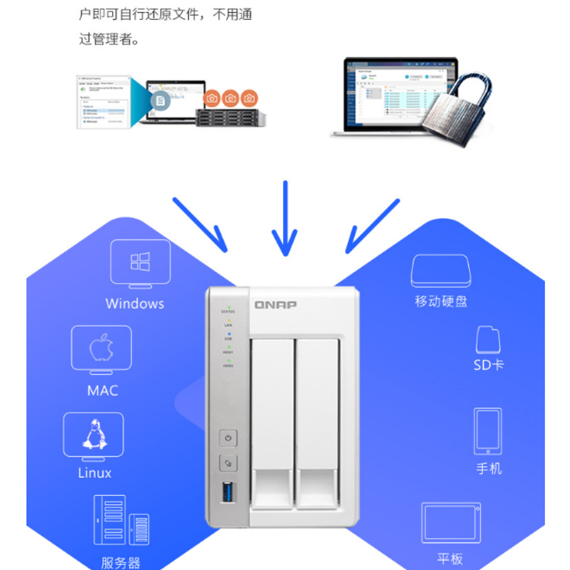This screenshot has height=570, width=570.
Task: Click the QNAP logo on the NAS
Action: (x=276, y=304)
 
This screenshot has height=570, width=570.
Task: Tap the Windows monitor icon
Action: (x=140, y=262)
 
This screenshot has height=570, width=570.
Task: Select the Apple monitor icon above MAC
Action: (x=101, y=349)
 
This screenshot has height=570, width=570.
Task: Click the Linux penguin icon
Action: (x=93, y=434)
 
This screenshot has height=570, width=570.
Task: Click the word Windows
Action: (x=135, y=304)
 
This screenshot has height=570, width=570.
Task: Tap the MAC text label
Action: (x=103, y=390)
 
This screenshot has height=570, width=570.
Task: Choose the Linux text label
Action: (x=95, y=472)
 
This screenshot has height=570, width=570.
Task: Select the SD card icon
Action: (x=488, y=339)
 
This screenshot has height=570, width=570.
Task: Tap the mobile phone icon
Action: (x=488, y=431)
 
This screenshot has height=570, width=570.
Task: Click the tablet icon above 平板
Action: (x=450, y=523)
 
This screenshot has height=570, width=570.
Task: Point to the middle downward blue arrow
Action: (x=285, y=217)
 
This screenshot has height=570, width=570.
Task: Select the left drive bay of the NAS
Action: (x=273, y=427)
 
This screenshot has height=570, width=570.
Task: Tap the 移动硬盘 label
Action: (x=441, y=301)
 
